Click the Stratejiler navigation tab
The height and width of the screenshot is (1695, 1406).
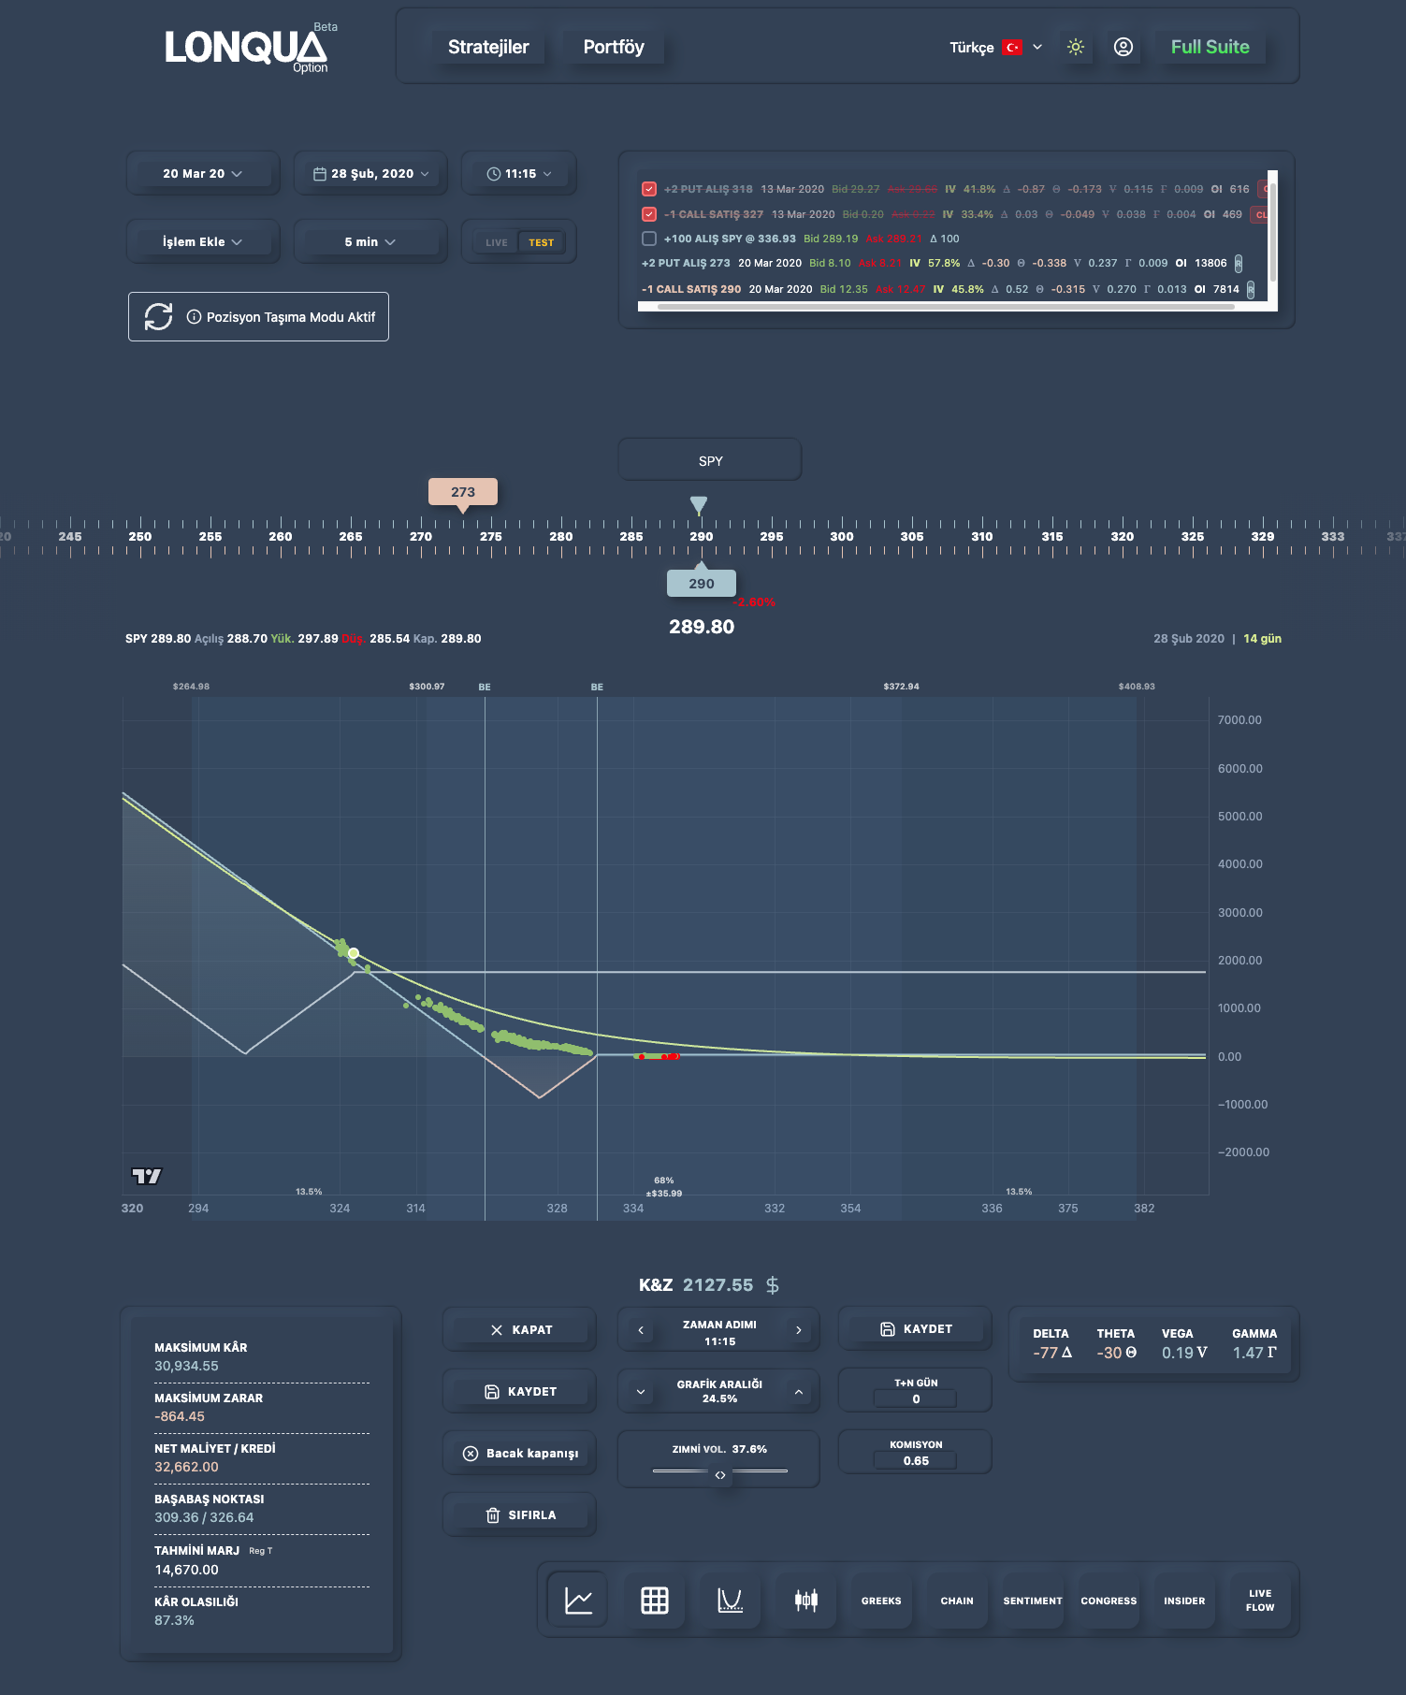488,47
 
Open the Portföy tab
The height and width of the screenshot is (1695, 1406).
614,47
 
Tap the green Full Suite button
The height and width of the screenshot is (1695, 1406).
1210,47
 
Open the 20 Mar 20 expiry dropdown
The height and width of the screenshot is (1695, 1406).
202,174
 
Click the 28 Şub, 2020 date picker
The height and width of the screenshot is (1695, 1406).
370,174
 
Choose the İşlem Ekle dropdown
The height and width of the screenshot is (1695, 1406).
202,242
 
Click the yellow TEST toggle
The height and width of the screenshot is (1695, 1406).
541,242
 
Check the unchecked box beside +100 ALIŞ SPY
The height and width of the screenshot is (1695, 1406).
649,239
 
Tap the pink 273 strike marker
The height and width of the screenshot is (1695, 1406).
462,492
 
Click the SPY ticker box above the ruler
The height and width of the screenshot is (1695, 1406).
710,461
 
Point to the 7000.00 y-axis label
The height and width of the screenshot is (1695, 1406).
1239,720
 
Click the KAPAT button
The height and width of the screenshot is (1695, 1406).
520,1330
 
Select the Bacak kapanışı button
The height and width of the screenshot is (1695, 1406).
520,1454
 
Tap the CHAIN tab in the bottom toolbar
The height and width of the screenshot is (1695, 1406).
957,1601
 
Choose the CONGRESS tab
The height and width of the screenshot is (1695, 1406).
1109,1601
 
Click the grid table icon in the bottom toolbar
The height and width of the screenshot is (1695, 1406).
655,1601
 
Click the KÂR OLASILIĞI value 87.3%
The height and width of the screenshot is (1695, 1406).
175,1620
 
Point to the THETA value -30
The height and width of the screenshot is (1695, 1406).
1115,1353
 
